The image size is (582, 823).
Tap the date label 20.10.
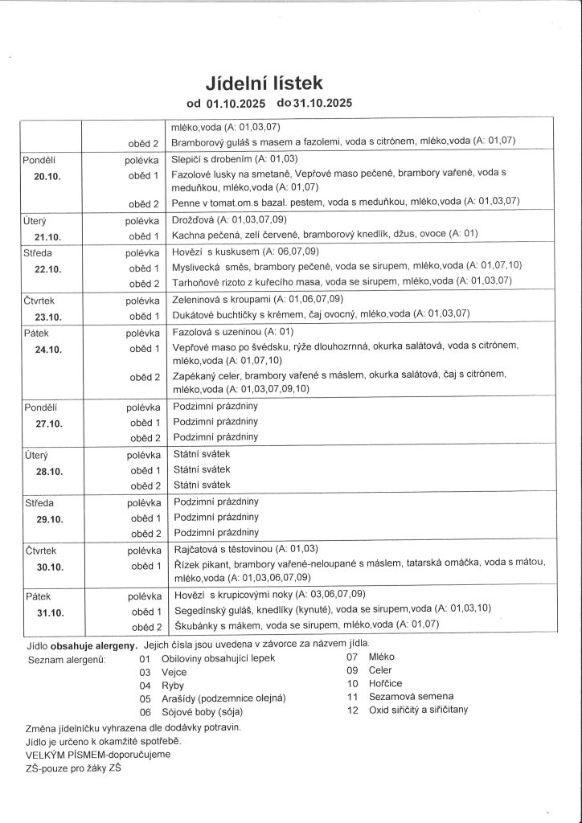pyautogui.click(x=47, y=175)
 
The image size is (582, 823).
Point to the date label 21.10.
pyautogui.click(x=47, y=235)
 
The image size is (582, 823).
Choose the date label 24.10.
pyautogui.click(x=47, y=349)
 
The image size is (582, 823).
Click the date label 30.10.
pyautogui.click(x=47, y=567)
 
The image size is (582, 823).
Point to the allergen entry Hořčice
pyautogui.click(x=385, y=683)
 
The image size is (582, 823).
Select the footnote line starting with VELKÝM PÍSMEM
pyautogui.click(x=98, y=755)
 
